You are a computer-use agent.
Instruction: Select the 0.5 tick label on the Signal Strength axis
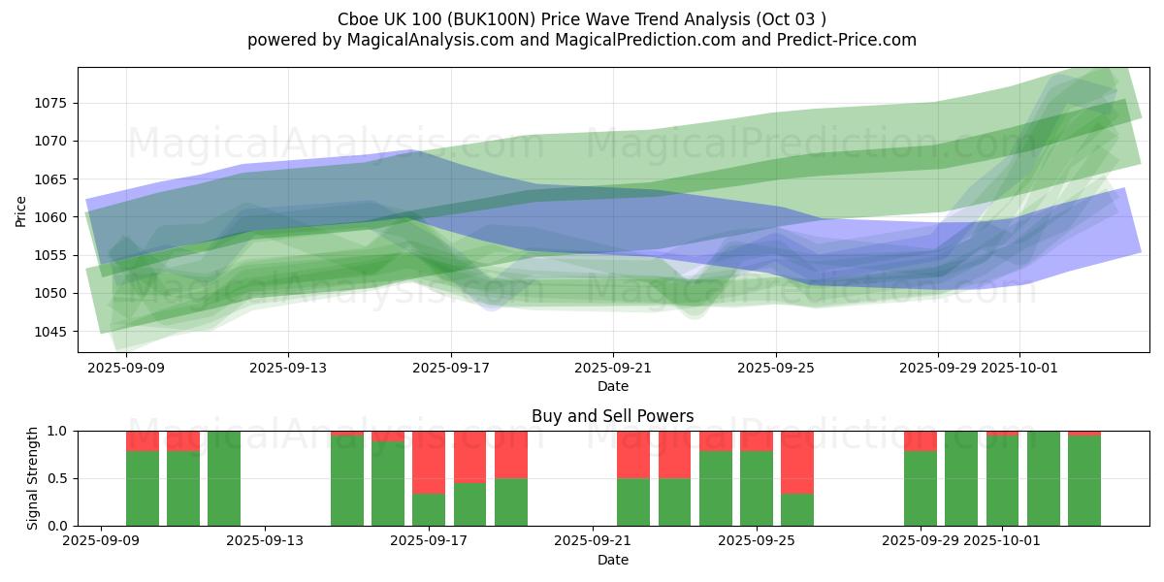pos(59,479)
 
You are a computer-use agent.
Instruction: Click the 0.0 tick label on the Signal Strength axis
pos(59,526)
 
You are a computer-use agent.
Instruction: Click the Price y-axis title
pos(21,210)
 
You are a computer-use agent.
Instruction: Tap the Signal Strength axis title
pos(33,478)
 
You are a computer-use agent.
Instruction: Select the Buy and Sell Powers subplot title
pos(612,416)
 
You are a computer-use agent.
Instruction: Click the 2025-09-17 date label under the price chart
pos(450,368)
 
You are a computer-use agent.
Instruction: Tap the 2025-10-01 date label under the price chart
pos(1018,368)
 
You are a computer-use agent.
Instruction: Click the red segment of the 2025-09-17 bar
pos(429,462)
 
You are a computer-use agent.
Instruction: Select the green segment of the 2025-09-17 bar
pos(429,510)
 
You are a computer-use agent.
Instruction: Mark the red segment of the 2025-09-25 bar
pos(757,440)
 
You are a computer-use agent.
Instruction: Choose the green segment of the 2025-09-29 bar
pos(920,489)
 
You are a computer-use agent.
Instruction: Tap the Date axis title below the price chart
pos(612,386)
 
